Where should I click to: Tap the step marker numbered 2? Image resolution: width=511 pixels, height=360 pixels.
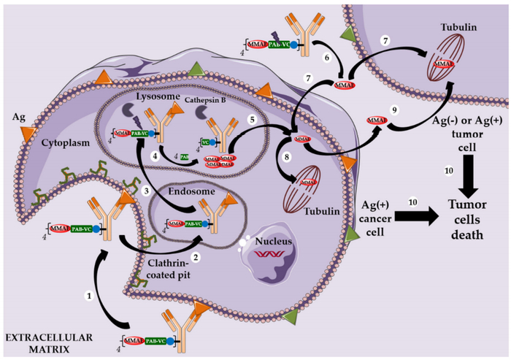196,257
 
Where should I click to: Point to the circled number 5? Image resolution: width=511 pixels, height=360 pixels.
253,118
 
